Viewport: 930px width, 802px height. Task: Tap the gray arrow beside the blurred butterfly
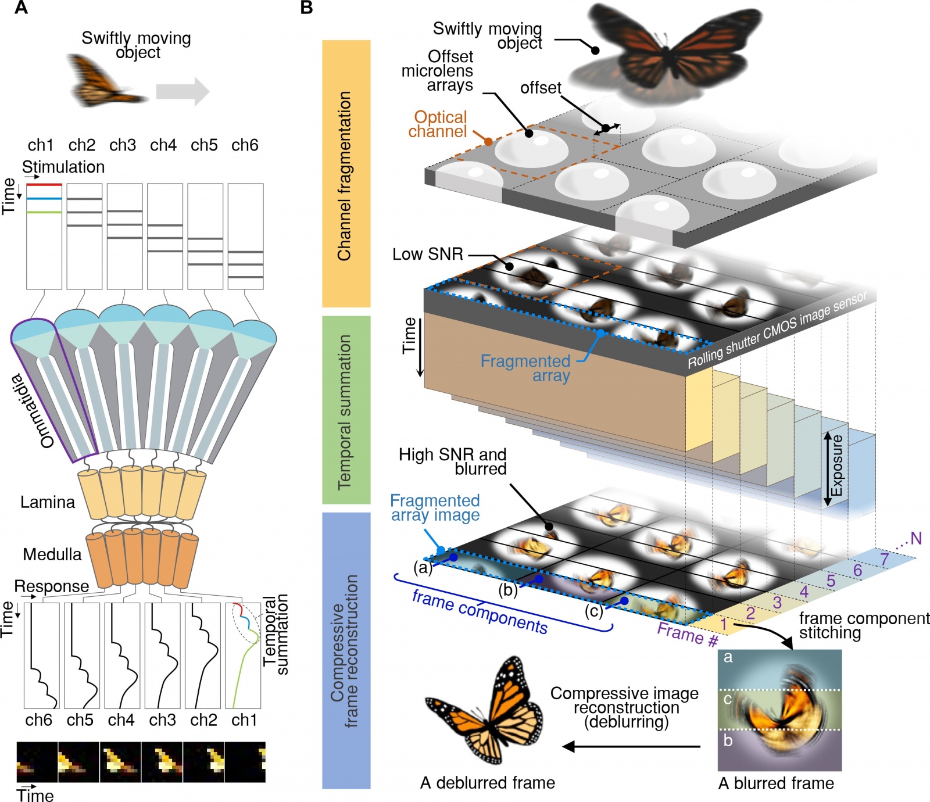[x=183, y=91]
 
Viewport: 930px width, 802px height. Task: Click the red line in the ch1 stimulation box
[x=44, y=185]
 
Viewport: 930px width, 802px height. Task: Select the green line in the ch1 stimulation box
[x=44, y=212]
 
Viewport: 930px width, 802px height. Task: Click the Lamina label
[x=48, y=502]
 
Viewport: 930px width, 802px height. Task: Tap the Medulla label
[x=52, y=554]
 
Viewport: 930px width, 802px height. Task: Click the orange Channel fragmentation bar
[x=346, y=174]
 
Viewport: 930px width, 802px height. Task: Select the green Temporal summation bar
[x=346, y=410]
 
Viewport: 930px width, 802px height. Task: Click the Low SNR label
[x=428, y=254]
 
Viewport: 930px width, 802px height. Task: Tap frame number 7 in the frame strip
[x=885, y=559]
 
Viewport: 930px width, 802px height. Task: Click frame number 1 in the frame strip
[x=724, y=625]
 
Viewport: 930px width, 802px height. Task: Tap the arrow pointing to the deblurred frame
[x=631, y=746]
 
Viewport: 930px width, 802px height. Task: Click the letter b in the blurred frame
[x=728, y=741]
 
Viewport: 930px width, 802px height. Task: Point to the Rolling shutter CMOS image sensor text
[x=777, y=329]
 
